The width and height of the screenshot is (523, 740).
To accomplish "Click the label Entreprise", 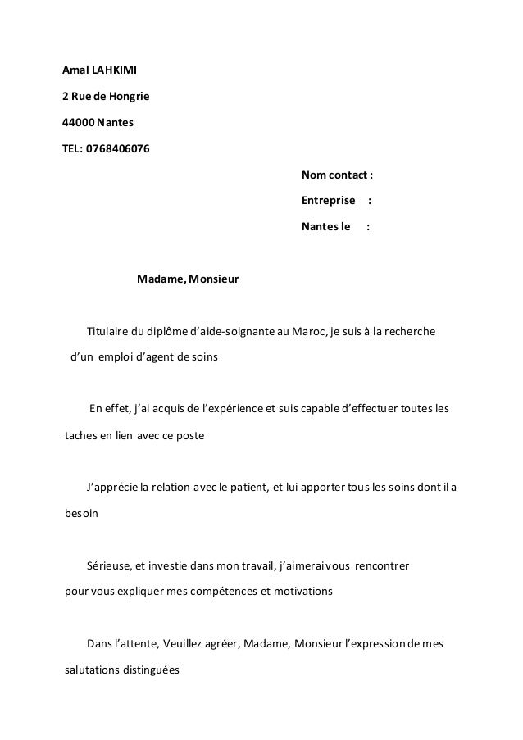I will [x=329, y=201].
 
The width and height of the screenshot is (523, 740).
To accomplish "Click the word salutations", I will [x=92, y=670].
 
